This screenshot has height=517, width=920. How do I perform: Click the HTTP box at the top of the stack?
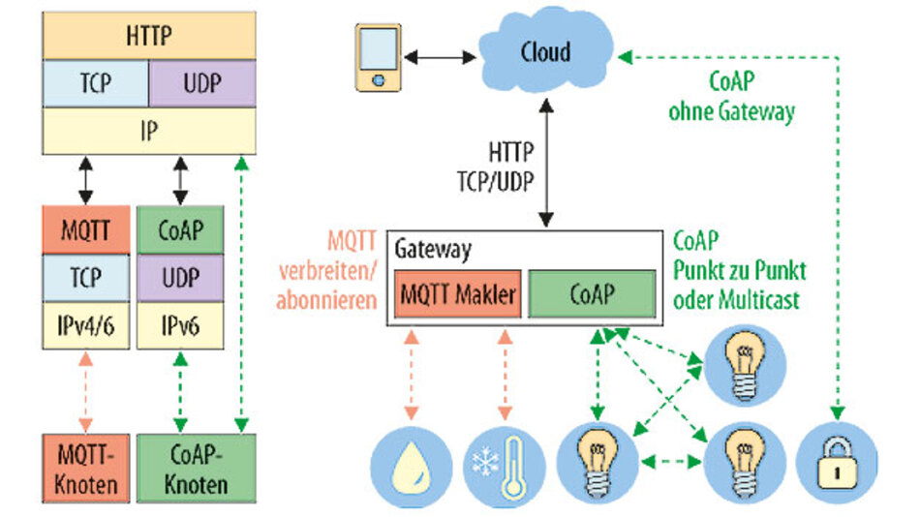149,37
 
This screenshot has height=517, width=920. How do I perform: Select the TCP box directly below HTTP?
95,84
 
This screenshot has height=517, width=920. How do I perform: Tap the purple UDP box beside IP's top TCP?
201,84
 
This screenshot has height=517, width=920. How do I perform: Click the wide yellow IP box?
149,131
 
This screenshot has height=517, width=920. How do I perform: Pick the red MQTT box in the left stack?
85,231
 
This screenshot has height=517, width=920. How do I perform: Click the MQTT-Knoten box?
85,469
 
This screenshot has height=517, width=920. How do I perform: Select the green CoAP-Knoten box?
198,469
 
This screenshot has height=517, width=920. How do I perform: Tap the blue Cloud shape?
545,52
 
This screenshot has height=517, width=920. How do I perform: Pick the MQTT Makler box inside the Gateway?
457,294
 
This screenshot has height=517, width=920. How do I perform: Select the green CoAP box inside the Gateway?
593,294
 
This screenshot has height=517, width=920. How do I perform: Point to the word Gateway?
432,250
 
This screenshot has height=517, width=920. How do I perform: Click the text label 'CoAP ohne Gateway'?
731,96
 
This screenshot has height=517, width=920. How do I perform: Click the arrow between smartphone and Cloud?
441,58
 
